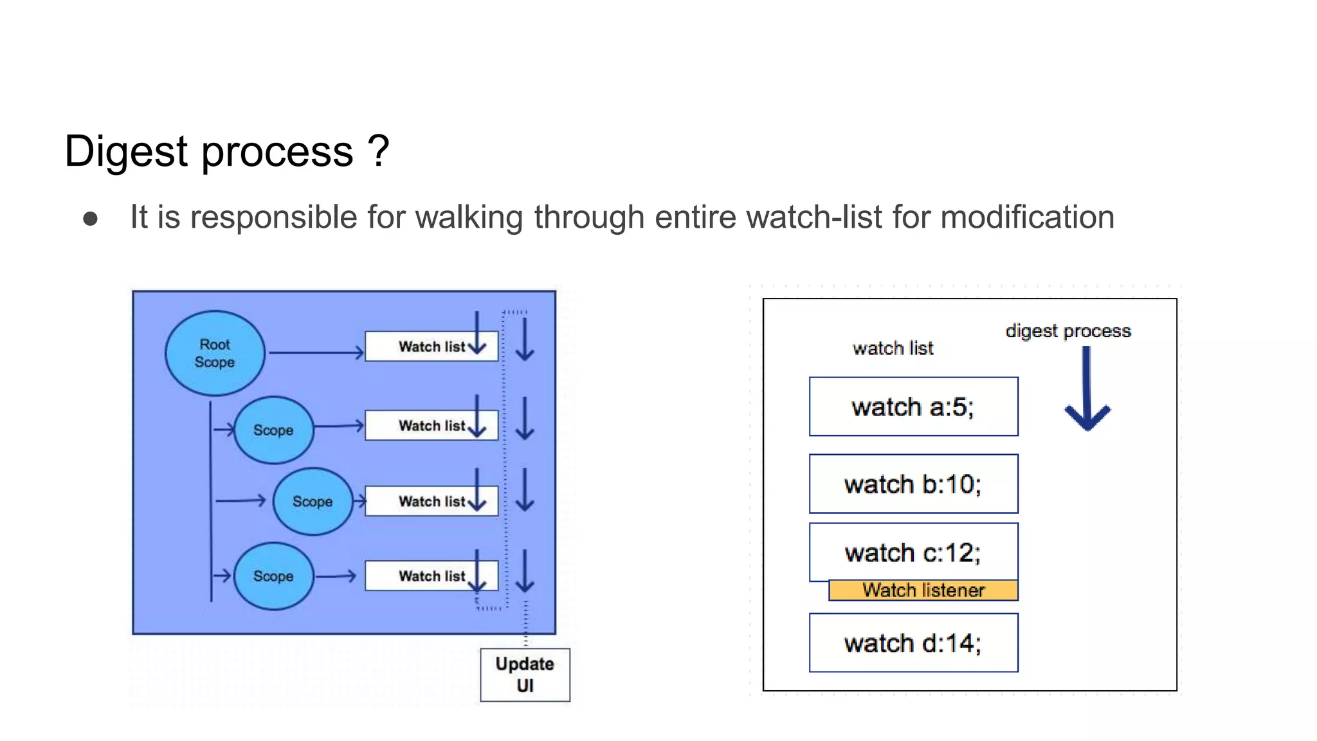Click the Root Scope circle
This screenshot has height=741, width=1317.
(215, 353)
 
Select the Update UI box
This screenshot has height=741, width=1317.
(525, 675)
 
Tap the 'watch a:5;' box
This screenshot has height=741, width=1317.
(913, 407)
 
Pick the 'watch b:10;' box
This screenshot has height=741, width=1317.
(913, 484)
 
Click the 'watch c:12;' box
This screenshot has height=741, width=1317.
(913, 552)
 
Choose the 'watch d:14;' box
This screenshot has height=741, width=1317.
(913, 643)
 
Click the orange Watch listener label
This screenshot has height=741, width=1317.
(923, 590)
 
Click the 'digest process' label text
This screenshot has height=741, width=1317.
(1068, 331)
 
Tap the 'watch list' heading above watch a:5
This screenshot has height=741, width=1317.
(893, 348)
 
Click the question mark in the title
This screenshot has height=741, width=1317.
(379, 151)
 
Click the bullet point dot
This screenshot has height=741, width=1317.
(91, 219)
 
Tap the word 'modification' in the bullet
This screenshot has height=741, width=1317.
(1027, 217)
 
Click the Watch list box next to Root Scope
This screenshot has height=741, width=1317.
(431, 347)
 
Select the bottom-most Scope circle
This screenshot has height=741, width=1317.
(273, 576)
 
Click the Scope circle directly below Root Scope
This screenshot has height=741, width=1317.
(273, 430)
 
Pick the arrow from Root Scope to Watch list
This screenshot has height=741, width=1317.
(315, 352)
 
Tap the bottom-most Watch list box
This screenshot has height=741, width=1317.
(431, 576)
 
